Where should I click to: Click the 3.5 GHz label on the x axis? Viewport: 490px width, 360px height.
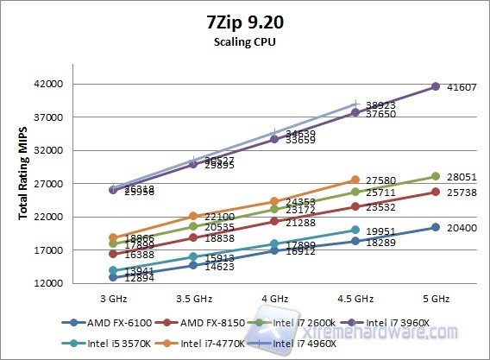(193, 299)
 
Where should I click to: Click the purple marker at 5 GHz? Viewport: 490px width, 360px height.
(436, 87)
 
